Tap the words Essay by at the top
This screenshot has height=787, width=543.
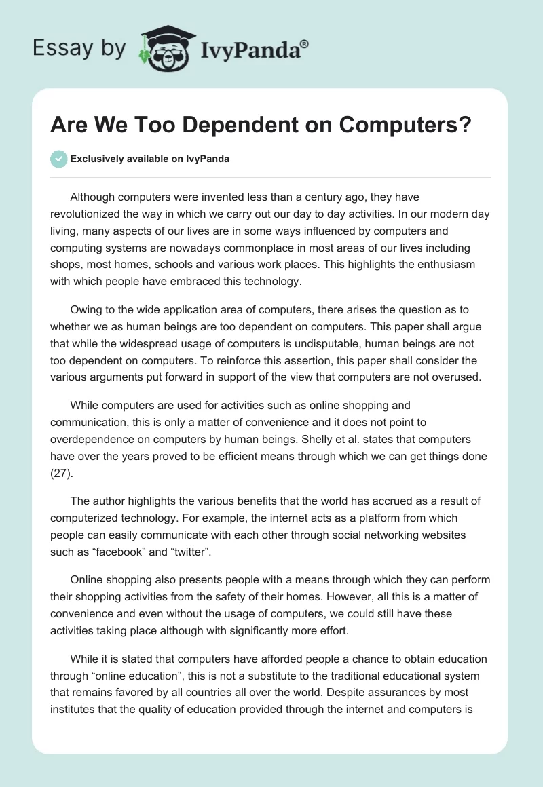(x=79, y=49)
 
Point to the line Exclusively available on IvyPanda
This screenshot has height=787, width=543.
(x=150, y=159)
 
